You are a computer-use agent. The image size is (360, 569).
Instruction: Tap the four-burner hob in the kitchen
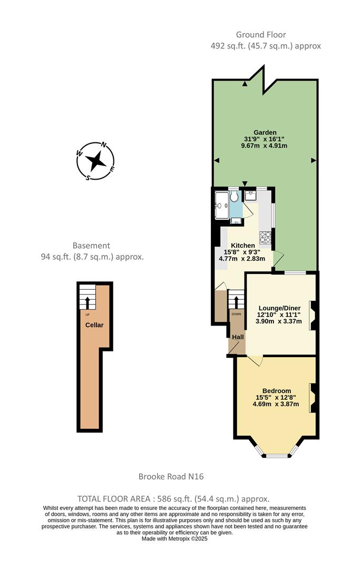point(265,238)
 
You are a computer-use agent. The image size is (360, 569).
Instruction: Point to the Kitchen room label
point(243,246)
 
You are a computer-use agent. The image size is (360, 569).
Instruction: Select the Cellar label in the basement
point(95,325)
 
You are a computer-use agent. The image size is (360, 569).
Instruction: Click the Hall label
point(238,337)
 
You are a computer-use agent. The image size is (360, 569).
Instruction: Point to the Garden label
point(265,133)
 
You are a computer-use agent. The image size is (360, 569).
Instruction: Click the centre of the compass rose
point(95,161)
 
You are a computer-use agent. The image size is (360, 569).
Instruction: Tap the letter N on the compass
point(104,145)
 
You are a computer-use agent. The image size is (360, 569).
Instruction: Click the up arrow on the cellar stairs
point(87,302)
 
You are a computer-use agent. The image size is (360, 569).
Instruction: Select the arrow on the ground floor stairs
point(236,302)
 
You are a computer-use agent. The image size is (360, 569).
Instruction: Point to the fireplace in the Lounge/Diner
point(312,315)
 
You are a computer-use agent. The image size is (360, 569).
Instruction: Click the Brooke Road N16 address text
point(171,477)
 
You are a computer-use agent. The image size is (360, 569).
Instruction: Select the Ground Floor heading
point(261,35)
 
